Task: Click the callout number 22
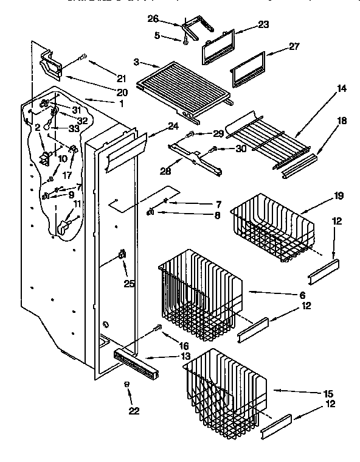(x=133, y=411)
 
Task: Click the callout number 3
(x=138, y=62)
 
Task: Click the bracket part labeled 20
(x=52, y=64)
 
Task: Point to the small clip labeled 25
(x=122, y=255)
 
